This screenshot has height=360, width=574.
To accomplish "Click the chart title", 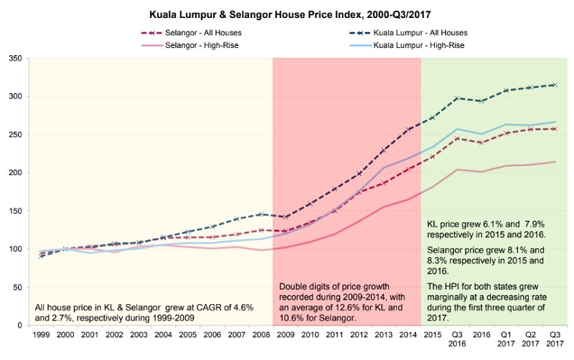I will pos(287,14).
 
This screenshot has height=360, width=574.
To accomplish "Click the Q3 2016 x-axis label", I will pos(457,339).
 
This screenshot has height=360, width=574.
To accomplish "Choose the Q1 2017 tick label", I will pos(507,339).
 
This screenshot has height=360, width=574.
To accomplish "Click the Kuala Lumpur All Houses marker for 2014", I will pos(408,129).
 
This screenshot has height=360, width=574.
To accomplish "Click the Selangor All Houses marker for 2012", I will pos(358,191).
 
